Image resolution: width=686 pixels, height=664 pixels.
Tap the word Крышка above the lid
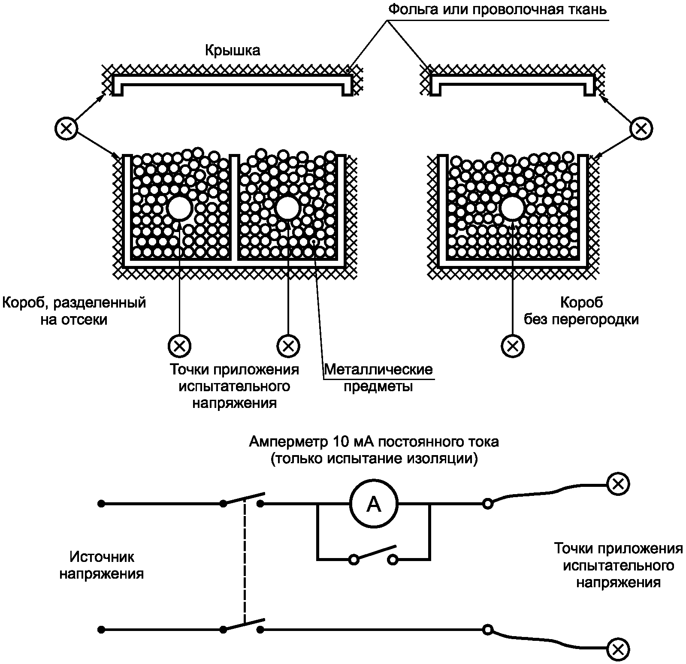point(233,51)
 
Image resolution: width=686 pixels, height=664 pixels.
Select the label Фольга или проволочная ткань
point(498,9)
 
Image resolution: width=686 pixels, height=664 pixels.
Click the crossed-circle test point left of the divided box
point(66,128)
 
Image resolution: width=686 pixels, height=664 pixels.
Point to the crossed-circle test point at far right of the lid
point(641,128)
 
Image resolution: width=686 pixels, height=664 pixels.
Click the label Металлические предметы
point(378,377)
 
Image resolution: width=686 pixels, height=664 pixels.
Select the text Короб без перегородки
point(581,311)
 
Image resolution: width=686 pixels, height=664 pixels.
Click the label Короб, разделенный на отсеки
point(74,311)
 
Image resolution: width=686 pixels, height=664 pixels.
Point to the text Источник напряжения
point(102,565)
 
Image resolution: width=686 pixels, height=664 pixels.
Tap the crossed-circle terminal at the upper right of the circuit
point(618,484)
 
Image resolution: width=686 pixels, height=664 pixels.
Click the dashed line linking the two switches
point(244,562)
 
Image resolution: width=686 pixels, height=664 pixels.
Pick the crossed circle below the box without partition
point(512,345)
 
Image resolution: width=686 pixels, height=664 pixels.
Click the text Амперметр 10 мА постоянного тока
point(374,441)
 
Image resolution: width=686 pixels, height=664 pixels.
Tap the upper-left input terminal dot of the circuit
point(101,504)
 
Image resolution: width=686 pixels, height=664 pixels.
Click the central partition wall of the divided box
point(234,208)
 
